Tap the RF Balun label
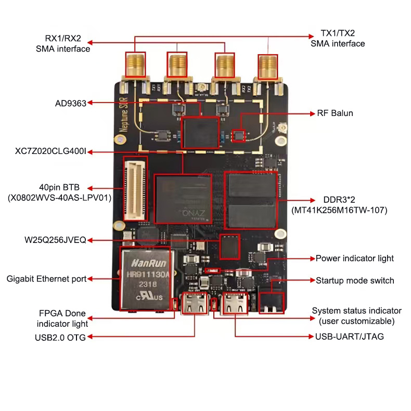[x=335, y=113]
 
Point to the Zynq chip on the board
[x=183, y=198]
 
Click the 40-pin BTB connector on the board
[x=135, y=188]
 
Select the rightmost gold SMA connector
[x=268, y=67]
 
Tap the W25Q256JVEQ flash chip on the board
[x=229, y=247]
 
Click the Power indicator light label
[x=355, y=258]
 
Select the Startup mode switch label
[x=355, y=280]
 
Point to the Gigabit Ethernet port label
[x=46, y=279]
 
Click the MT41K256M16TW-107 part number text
[x=339, y=210]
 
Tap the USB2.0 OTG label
[x=60, y=337]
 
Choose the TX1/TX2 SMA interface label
[x=338, y=38]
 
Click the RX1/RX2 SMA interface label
[x=63, y=44]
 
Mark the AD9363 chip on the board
[x=200, y=133]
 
